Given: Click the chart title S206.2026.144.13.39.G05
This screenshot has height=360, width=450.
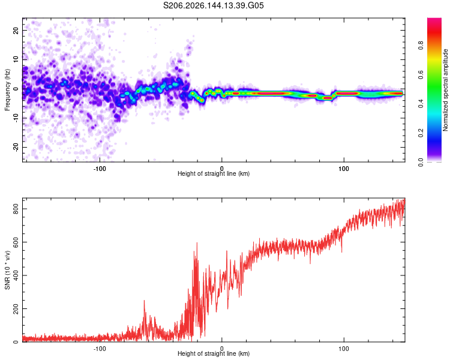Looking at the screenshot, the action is coord(213,5).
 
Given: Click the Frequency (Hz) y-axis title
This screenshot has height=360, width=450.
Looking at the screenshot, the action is coord(7,90).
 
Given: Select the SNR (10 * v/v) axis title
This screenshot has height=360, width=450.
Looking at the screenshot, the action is coord(7,270).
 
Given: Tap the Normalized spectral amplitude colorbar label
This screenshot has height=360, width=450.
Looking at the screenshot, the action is coord(445,90).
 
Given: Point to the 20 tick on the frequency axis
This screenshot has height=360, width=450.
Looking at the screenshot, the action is coord(16,30).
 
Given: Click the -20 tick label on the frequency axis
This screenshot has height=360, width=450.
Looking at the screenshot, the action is coord(16,147).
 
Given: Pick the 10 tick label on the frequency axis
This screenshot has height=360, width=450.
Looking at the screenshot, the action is coord(16,59).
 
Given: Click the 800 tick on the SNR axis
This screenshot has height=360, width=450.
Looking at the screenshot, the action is coord(16,209).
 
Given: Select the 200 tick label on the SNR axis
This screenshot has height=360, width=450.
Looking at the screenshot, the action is coord(16,308).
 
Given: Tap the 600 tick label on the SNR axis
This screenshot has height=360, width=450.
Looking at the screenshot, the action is coord(16,242).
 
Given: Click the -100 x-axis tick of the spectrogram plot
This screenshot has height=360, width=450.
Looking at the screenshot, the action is coord(100,169).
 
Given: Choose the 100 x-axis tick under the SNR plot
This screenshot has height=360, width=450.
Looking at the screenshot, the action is coord(344,349).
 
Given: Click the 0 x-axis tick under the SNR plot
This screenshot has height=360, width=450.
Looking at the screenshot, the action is coord(221,349).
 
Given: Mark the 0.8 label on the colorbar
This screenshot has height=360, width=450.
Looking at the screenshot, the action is coord(421,46).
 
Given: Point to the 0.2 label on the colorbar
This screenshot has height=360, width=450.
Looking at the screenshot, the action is coord(421,133).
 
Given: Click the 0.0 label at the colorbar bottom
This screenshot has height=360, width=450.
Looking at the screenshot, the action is coord(421,162).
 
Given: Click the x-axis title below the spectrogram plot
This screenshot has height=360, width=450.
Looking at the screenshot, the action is coord(214,173).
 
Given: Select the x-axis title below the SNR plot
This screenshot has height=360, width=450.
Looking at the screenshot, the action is coord(214,353).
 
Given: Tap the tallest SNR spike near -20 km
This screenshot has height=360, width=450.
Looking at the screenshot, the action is coord(197,243).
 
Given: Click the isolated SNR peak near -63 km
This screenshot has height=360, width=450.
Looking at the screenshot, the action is coord(144,301).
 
